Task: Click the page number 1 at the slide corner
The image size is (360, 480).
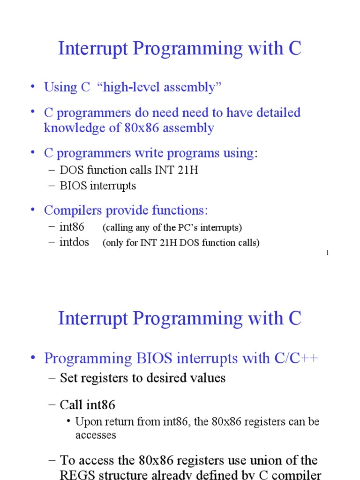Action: tap(327, 253)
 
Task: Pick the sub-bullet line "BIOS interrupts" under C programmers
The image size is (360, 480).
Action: tap(97, 186)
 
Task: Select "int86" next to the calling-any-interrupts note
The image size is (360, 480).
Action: tap(72, 227)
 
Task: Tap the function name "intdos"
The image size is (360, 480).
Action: tap(75, 243)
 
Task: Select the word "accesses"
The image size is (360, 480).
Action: tap(96, 435)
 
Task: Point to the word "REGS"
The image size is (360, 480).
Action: tap(78, 474)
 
